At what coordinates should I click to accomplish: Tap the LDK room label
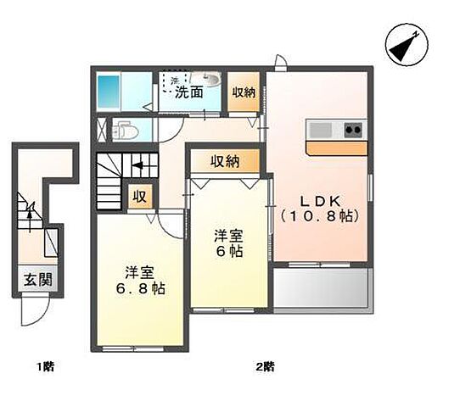tap(318, 201)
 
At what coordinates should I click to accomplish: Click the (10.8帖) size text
tap(319, 216)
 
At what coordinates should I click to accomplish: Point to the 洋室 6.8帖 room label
tap(139, 280)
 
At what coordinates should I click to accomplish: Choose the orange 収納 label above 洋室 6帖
tap(225, 161)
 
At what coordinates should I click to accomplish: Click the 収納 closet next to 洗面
tap(244, 93)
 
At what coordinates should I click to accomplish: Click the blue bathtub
tap(110, 89)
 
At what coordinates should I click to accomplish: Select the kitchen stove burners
tap(352, 130)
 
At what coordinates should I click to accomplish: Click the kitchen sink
tap(323, 130)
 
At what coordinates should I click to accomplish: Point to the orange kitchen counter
tap(337, 148)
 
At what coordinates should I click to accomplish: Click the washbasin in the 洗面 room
tap(209, 81)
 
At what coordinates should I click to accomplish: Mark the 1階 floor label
tap(46, 367)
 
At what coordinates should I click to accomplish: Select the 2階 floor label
tap(266, 367)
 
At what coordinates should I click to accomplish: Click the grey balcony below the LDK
tap(320, 289)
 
